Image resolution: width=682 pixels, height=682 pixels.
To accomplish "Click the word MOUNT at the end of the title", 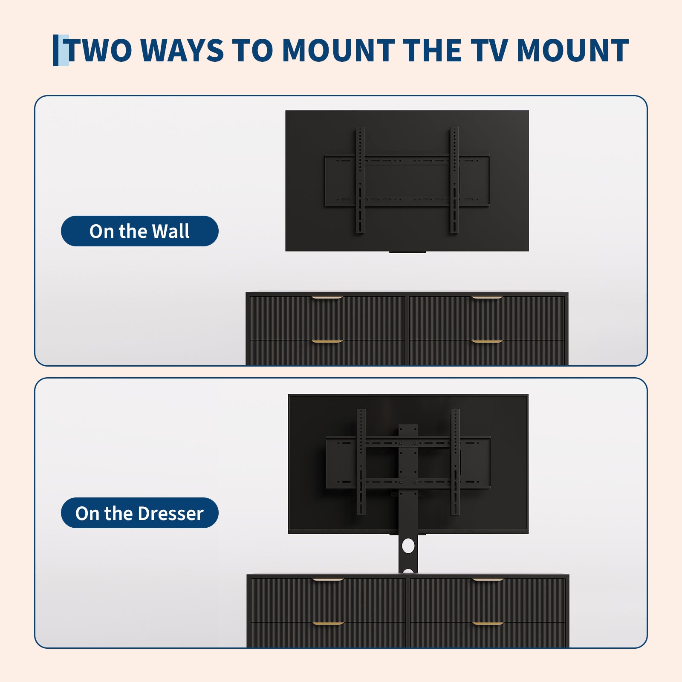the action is coord(572,51).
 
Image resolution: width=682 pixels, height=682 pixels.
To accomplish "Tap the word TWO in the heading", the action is coord(99,51).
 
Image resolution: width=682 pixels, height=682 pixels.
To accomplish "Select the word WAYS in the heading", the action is coord(182,51).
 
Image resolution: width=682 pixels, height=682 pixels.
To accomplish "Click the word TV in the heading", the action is coord(489,51).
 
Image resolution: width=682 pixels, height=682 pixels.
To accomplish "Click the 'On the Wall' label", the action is coord(139,231).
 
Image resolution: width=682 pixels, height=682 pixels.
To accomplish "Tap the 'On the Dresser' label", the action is coord(139,513).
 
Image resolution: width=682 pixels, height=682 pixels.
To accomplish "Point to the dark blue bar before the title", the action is coord(55,50).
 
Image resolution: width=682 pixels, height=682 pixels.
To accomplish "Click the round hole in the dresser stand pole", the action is coord(408,546).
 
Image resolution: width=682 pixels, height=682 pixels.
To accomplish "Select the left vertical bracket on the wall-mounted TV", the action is coord(360,180).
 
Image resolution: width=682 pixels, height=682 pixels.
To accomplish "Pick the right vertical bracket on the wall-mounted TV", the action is coord(454,180).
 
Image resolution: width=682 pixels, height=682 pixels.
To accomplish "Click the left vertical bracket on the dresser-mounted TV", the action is coord(361,462).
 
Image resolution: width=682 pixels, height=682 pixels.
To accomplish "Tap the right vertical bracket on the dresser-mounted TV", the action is coord(455,462).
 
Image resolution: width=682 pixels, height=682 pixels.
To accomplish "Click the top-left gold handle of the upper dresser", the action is coord(327,298).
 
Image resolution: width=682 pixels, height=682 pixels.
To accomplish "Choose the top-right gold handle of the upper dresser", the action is coord(487,298).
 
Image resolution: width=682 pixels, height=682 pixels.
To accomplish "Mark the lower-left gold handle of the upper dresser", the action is coord(327,341).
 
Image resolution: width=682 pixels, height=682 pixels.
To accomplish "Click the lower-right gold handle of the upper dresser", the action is coord(487,341).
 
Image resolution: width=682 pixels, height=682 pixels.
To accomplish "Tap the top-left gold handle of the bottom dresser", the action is coord(328,580).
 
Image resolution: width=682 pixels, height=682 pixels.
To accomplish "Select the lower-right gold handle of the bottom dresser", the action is coord(488,624).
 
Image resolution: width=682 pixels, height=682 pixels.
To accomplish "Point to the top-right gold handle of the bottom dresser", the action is coord(488,580).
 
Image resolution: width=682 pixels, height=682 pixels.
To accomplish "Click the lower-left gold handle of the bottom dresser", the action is coord(328,624).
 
